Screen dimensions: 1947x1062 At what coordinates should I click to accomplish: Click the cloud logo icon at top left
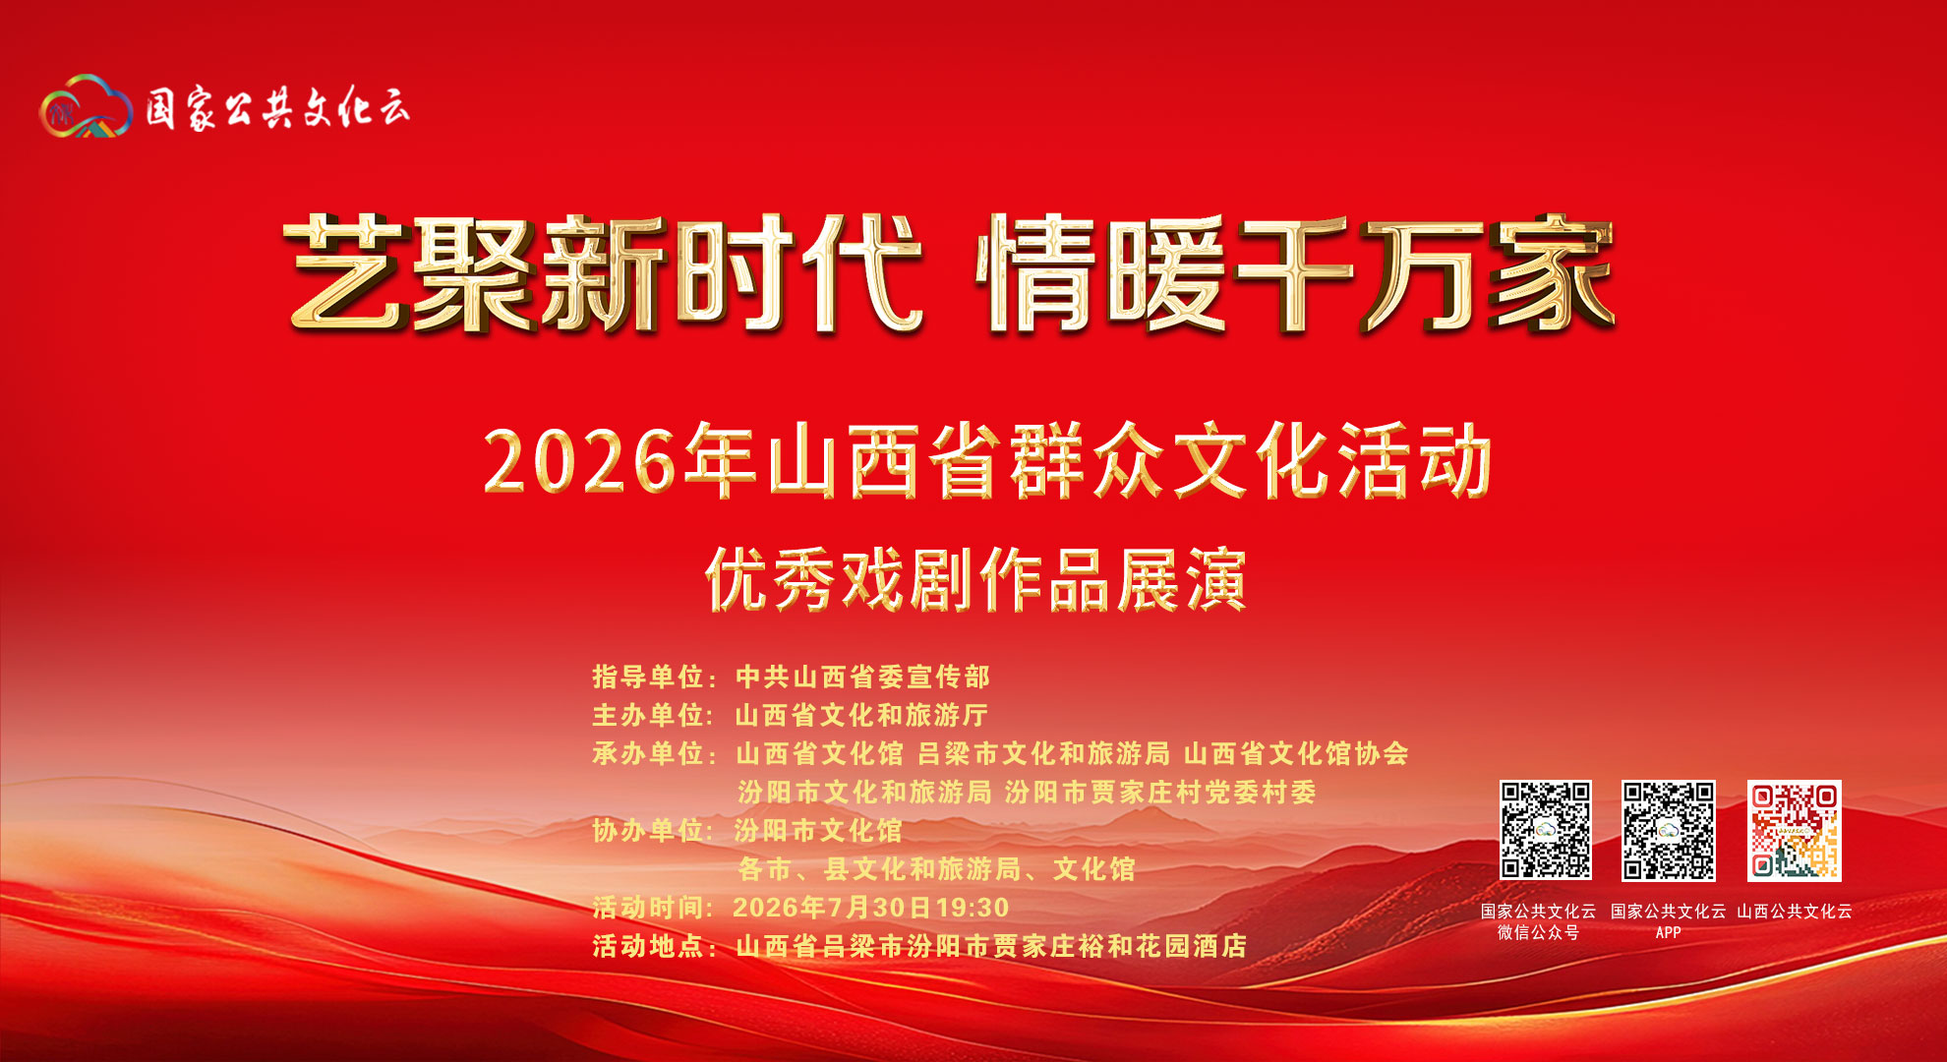click(86, 106)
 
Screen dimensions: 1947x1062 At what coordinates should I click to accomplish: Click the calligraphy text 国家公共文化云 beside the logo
click(277, 107)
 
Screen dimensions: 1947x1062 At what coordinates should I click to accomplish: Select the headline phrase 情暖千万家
click(1295, 273)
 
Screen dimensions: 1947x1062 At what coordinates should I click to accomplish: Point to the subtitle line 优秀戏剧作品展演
click(975, 579)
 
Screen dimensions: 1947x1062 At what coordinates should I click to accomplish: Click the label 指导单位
click(648, 677)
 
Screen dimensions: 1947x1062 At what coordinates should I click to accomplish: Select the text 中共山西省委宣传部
click(862, 677)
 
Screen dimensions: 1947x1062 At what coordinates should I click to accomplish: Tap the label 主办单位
click(648, 715)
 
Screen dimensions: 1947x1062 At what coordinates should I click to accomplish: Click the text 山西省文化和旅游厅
click(861, 715)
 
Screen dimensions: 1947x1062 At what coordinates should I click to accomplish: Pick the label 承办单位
click(648, 753)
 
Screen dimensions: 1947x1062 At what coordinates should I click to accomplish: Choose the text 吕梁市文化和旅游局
click(1043, 753)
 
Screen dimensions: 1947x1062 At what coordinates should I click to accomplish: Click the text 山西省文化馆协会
click(1296, 753)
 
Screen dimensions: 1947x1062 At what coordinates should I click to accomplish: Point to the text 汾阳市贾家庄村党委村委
click(1160, 792)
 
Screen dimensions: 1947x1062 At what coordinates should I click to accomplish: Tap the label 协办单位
click(648, 830)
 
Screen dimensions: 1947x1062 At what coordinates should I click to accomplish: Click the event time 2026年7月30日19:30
click(871, 907)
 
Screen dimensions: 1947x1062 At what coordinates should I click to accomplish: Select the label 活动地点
click(648, 946)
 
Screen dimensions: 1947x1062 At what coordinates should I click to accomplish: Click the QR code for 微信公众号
click(1545, 831)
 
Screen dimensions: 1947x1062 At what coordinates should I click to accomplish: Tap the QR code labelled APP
click(1669, 831)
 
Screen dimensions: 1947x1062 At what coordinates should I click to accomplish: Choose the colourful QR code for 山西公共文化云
click(1795, 831)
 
